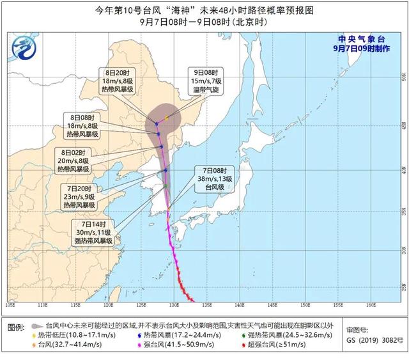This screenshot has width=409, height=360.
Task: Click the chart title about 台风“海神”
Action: pyautogui.click(x=204, y=10)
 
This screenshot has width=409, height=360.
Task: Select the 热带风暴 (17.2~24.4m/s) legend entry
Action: pyautogui.click(x=167, y=336)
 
